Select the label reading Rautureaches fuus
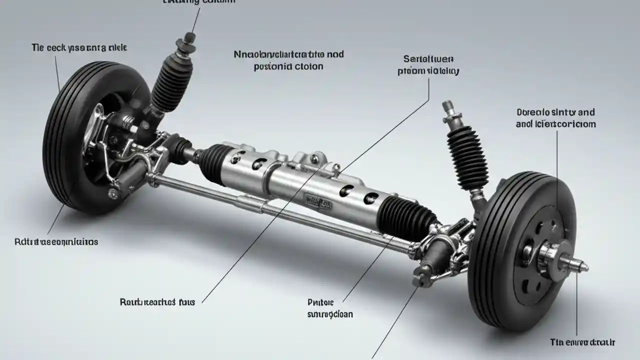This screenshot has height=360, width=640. (157, 302)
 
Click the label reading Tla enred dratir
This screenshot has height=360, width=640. (582, 342)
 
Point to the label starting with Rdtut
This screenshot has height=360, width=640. (56, 242)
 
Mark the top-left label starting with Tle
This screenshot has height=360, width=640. (79, 48)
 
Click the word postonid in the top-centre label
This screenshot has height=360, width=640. (269, 66)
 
